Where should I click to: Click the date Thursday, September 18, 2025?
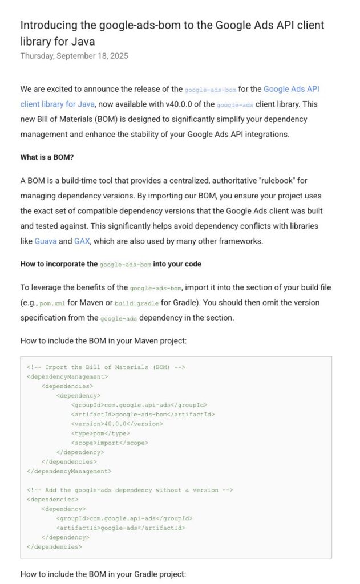74,56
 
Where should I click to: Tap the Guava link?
46,241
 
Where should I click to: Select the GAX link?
82,241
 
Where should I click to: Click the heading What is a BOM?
47,157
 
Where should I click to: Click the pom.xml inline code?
52,303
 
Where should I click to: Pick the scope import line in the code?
110,443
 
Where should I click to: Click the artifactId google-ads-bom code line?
143,415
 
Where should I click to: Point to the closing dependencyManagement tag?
69,471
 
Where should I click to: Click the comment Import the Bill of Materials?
106,367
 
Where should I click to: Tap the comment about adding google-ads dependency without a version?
130,490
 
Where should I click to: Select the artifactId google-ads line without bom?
120,528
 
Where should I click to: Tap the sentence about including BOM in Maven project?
103,340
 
